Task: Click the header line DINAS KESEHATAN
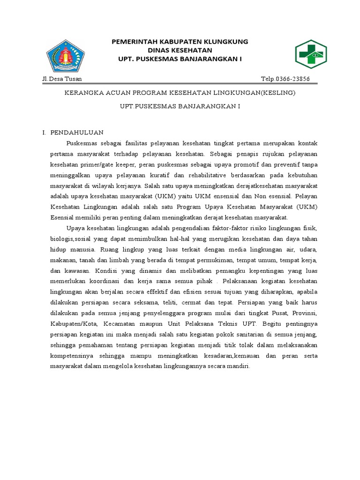click(180, 50)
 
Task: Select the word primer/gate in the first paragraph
click(102, 165)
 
